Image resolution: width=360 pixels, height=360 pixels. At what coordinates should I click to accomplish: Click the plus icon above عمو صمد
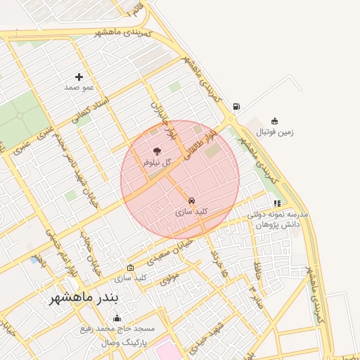coord(79,76)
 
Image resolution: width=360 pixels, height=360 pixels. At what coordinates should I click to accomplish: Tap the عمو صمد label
coord(79,87)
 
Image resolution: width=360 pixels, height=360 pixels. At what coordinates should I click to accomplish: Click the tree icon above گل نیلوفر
coord(156,151)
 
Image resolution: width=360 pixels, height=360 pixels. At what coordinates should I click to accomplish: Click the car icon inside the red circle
coord(192,200)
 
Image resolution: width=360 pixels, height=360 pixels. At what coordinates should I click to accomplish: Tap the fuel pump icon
coord(236,107)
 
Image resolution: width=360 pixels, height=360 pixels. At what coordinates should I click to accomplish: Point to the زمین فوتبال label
coord(274,131)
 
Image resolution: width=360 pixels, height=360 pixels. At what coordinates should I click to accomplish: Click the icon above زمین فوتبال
coord(274,120)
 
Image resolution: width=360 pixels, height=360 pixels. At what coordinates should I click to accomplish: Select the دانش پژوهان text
coord(278,223)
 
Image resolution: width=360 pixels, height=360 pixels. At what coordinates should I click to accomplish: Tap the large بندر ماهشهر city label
coord(86,298)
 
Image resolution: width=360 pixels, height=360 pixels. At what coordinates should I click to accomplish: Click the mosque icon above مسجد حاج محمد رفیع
coord(117,318)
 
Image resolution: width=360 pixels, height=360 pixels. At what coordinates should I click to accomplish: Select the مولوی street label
coord(170,278)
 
